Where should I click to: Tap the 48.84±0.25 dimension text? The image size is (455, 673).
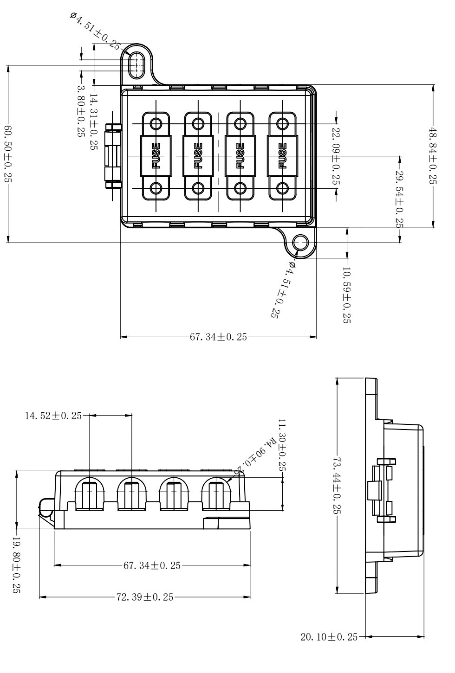click(x=433, y=156)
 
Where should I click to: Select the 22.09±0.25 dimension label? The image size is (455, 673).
click(x=336, y=158)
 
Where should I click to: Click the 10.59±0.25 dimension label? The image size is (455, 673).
click(x=346, y=295)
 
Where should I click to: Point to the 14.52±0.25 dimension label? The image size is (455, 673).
click(x=52, y=416)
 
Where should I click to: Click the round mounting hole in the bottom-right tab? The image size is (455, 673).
click(x=301, y=243)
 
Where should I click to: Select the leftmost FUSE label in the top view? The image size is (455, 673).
click(x=156, y=156)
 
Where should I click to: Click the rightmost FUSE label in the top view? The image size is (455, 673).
click(x=282, y=156)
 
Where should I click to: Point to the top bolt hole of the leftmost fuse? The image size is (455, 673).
click(x=156, y=123)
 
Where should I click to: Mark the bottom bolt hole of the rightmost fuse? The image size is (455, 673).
click(x=282, y=188)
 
